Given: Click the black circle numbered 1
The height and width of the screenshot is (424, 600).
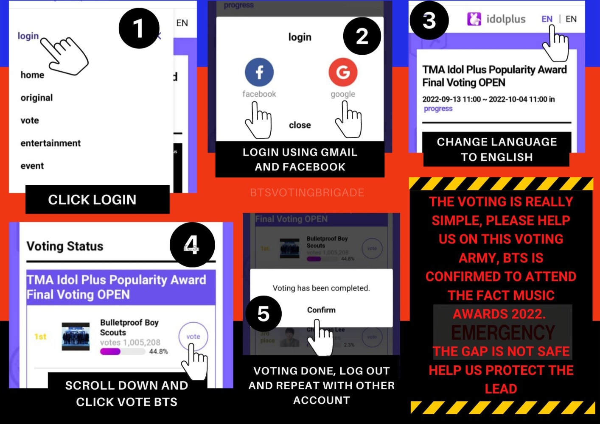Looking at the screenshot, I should [139, 28].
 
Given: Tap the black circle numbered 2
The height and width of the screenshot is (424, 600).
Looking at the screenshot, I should [362, 36].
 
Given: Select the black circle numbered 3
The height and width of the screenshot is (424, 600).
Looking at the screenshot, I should [429, 20].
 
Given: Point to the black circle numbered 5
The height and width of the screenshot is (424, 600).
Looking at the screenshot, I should [263, 314].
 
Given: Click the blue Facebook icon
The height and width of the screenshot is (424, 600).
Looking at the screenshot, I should [259, 72].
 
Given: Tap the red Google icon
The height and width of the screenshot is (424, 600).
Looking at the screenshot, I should [343, 72].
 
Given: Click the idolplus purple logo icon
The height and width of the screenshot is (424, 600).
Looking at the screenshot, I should [474, 19].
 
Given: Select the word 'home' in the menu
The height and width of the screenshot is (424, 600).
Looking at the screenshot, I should [32, 75].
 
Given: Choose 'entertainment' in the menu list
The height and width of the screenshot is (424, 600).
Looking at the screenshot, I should [50, 143].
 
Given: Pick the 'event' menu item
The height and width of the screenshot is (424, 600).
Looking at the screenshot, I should [32, 166].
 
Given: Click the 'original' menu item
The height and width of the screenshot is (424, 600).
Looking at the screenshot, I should [37, 98].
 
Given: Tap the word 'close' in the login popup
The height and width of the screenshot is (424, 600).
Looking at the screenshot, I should [300, 125].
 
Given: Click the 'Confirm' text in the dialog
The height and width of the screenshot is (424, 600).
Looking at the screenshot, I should [321, 310].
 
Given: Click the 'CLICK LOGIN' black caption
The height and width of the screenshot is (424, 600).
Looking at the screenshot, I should [93, 200].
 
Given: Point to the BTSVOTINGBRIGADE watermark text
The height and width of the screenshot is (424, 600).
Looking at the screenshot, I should [307, 192].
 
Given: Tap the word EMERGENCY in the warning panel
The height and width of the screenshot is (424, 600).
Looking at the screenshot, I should [503, 333].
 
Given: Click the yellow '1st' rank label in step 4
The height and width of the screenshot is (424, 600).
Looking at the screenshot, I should [40, 337].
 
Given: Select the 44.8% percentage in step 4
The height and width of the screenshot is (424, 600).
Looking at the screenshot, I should [158, 351].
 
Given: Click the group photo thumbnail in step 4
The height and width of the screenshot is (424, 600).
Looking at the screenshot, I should [76, 337].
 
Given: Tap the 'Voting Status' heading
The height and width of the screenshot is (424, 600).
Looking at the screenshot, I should [65, 246].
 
